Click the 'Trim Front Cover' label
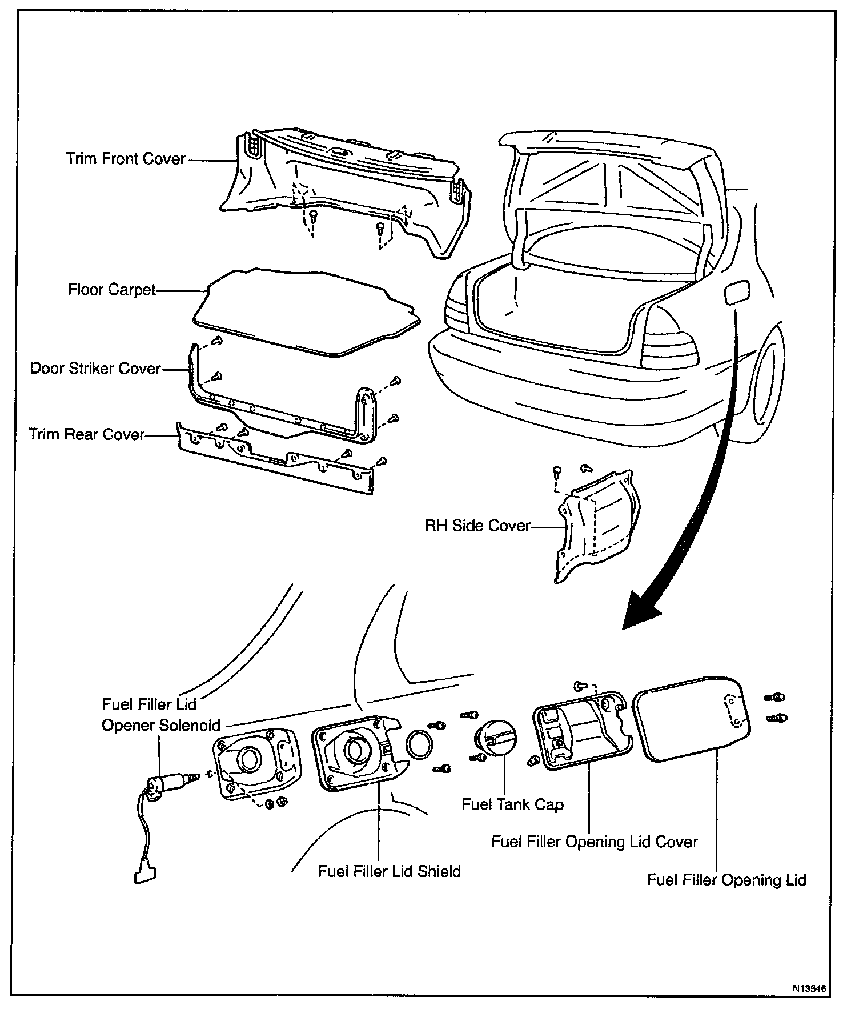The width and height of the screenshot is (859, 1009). click(126, 158)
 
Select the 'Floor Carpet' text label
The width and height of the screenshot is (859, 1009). click(112, 290)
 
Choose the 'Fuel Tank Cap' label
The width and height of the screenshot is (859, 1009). click(512, 804)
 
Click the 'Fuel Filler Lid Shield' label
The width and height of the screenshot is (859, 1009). click(390, 871)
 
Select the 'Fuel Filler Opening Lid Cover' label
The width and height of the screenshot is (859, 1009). click(595, 842)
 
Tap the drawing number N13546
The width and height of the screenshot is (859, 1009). click(809, 988)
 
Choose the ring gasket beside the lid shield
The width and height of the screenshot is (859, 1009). click(419, 744)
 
